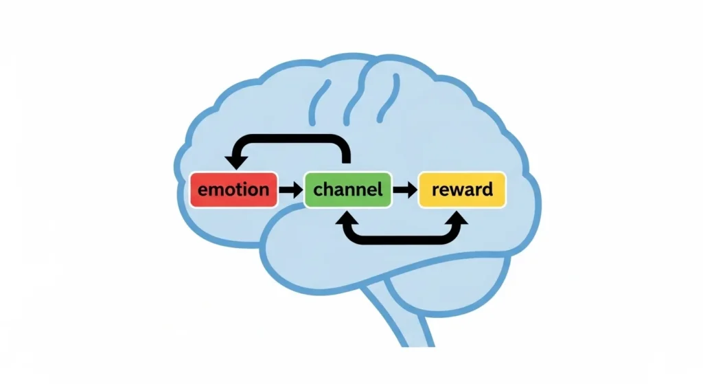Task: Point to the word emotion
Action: [x=233, y=189]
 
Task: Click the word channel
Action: [x=347, y=189]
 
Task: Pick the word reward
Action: [x=461, y=189]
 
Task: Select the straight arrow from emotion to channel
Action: [x=291, y=189]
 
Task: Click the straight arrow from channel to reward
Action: [x=405, y=189]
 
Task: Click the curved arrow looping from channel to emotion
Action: [x=292, y=140]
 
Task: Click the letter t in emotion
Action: [x=243, y=189]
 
